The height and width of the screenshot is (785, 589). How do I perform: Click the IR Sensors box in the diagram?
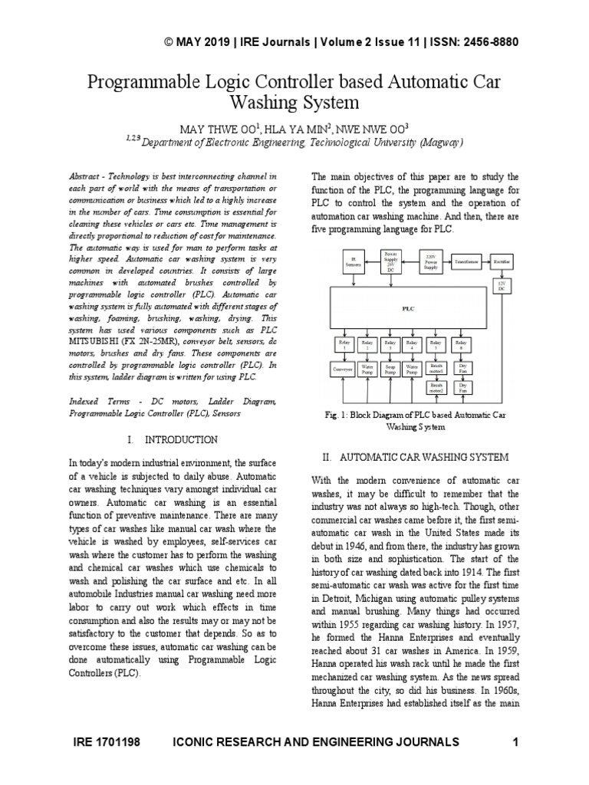click(354, 262)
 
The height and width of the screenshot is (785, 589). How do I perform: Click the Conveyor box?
click(341, 368)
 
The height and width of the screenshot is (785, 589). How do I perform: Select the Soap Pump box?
click(390, 368)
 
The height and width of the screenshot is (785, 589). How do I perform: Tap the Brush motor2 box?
click(436, 388)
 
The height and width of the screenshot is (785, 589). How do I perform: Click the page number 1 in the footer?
click(515, 741)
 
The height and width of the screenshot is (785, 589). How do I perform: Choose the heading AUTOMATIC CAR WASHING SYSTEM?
click(425, 457)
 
